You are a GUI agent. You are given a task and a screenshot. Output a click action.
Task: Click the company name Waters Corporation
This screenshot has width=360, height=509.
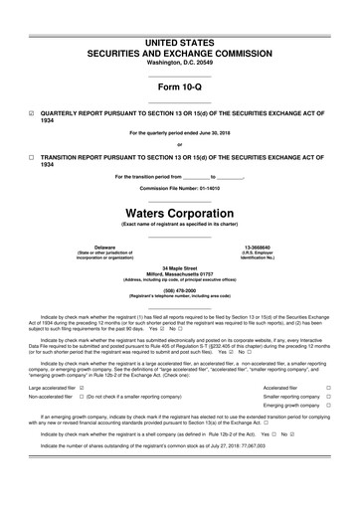pyautogui.click(x=179, y=213)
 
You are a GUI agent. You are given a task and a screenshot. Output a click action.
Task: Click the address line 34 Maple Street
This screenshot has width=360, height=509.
pyautogui.click(x=179, y=267)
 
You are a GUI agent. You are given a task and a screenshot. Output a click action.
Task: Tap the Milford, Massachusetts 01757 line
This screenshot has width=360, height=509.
pyautogui.click(x=179, y=273)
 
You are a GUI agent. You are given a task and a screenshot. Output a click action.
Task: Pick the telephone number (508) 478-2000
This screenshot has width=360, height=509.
pyautogui.click(x=179, y=291)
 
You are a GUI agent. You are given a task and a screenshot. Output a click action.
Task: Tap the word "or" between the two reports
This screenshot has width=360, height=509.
pyautogui.click(x=179, y=146)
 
